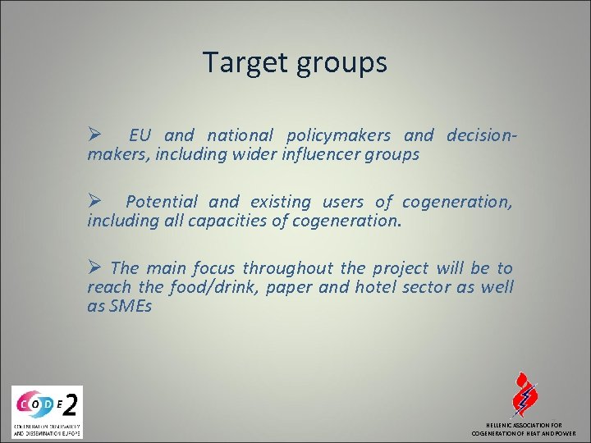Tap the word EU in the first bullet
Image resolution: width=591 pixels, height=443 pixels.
tap(140, 135)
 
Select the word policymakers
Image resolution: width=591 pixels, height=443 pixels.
tap(340, 135)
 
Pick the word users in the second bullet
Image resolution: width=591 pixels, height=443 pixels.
tap(342, 201)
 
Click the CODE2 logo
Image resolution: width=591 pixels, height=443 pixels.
tap(47, 411)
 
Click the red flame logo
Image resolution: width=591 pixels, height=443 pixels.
tap(523, 396)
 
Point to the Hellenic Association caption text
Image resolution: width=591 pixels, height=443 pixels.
tap(523, 429)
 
